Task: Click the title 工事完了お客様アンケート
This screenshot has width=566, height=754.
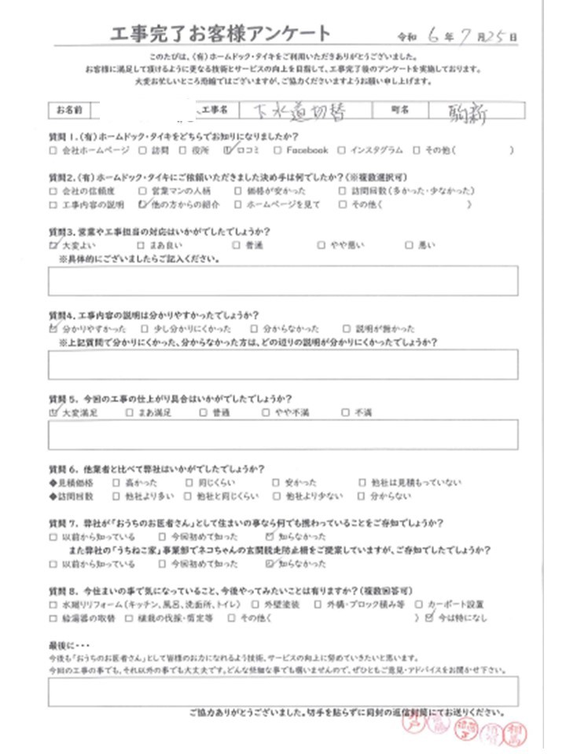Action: pos(222,34)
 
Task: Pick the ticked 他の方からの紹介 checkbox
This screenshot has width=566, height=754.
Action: pos(141,204)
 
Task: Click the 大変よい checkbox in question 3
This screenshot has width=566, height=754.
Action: pos(53,245)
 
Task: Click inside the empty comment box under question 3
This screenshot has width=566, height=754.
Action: pos(283,280)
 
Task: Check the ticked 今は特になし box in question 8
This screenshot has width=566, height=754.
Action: pos(428,618)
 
